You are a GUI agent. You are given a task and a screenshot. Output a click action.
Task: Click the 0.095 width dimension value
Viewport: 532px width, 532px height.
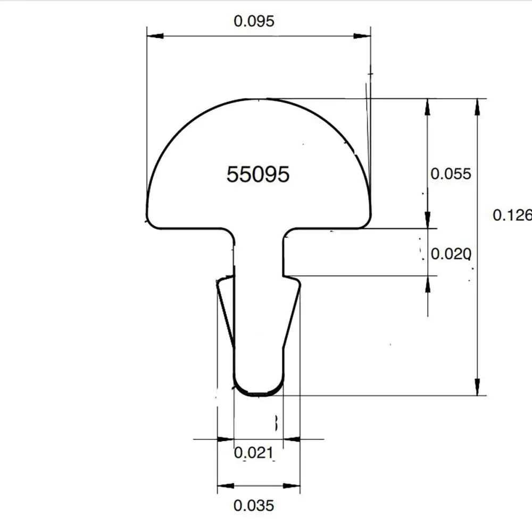(254, 22)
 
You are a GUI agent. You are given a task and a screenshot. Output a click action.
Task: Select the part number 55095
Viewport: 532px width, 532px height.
(258, 174)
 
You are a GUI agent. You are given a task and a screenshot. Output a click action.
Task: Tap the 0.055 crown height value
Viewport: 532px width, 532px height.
(451, 174)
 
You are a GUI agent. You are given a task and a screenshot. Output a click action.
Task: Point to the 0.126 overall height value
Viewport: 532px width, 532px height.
(512, 215)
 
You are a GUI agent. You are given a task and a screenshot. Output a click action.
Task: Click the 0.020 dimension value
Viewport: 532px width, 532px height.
(451, 254)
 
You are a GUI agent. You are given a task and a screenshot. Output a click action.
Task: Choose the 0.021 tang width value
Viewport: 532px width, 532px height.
(254, 453)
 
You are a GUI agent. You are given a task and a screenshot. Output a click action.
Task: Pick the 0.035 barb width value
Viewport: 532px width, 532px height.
(254, 505)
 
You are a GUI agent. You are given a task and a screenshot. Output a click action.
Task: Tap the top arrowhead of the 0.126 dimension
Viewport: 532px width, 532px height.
(477, 106)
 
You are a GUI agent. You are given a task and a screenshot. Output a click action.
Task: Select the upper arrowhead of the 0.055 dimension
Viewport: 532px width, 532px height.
(427, 106)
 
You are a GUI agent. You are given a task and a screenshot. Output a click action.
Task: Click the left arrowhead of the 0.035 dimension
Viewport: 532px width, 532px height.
(225, 486)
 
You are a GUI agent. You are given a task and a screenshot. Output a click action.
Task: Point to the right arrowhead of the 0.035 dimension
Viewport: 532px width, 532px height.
(293, 486)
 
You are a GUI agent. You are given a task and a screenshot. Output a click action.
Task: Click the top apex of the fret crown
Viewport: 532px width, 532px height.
(259, 99)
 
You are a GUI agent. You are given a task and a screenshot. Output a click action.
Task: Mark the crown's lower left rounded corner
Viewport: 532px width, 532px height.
(152, 222)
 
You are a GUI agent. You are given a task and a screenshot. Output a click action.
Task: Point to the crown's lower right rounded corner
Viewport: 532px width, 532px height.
(365, 222)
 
